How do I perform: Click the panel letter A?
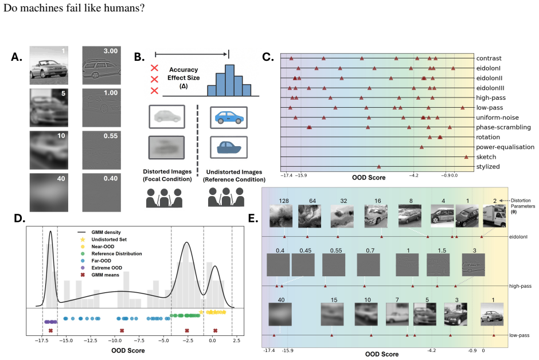pyautogui.click(x=17, y=57)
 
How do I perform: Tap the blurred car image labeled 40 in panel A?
pyautogui.click(x=49, y=193)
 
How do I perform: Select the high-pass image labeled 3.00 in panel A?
pyautogui.click(x=101, y=65)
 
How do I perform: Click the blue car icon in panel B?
pyautogui.click(x=229, y=118)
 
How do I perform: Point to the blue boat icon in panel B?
pyautogui.click(x=229, y=147)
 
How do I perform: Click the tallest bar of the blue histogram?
pyautogui.click(x=229, y=80)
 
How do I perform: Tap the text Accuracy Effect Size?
pyautogui.click(x=183, y=73)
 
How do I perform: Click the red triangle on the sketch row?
pyautogui.click(x=466, y=157)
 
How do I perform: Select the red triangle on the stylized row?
pyautogui.click(x=379, y=167)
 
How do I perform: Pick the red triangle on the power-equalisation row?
pyautogui.click(x=421, y=147)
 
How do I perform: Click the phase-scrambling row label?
pyautogui.click(x=503, y=127)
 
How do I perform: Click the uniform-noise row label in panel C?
pyautogui.click(x=497, y=118)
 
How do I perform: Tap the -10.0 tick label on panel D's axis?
pyautogui.click(x=115, y=341)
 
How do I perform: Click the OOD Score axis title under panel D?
pyautogui.click(x=128, y=350)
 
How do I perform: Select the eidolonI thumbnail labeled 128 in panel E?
pyautogui.click(x=281, y=216)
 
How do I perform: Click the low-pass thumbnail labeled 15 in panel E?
pyautogui.click(x=332, y=314)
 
